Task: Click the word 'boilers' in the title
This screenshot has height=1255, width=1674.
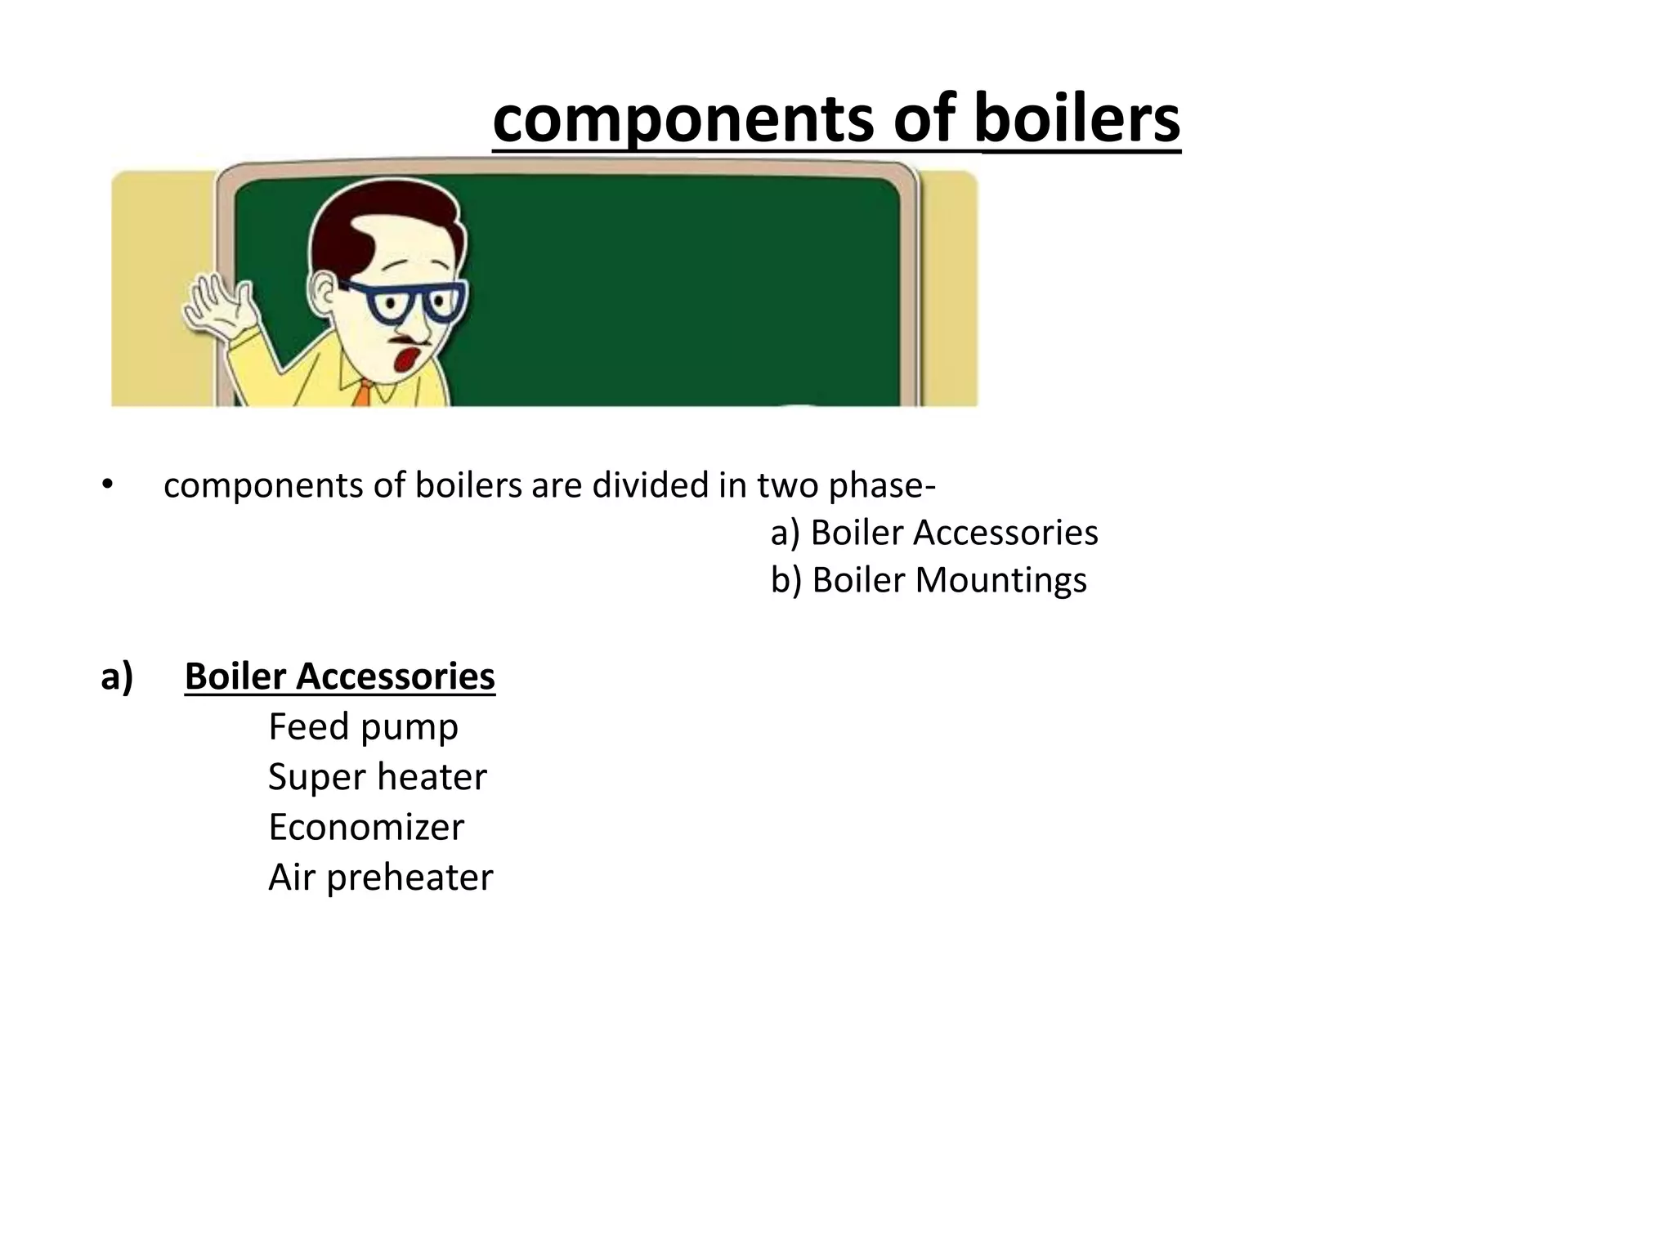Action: [x=1077, y=119]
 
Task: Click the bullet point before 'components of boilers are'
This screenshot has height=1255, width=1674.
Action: [x=106, y=485]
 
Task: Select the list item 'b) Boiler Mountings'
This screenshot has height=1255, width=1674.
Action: [x=929, y=580]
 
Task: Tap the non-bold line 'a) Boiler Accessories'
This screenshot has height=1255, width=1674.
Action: [x=934, y=533]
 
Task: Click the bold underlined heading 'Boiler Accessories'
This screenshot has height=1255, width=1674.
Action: [x=340, y=677]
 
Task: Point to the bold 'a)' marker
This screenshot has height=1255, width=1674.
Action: [x=117, y=677]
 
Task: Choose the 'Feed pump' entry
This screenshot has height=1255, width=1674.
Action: [x=363, y=726]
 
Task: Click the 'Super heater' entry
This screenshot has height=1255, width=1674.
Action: [x=377, y=777]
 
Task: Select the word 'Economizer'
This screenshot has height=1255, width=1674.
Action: [x=365, y=827]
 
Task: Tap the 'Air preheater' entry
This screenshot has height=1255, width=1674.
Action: [x=380, y=878]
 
